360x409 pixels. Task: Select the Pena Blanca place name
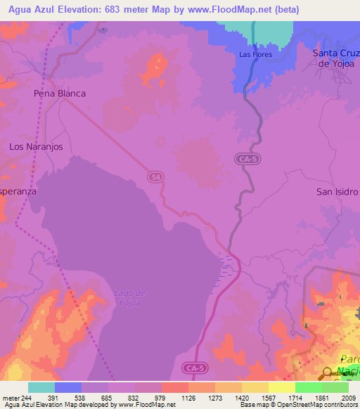point(60,93)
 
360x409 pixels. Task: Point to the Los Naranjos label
point(35,147)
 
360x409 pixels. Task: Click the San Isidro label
point(337,191)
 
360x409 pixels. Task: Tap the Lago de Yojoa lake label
point(129,298)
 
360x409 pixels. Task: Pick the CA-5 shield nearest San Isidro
point(246,160)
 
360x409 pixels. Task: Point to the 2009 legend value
point(348,397)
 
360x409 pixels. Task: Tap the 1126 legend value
point(188,397)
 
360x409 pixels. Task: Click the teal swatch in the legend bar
point(41,387)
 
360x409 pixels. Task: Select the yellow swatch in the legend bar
point(282,387)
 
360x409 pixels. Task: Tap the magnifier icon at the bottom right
point(328,374)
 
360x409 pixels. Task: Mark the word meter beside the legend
point(11,397)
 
